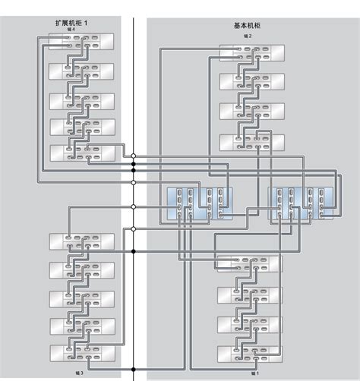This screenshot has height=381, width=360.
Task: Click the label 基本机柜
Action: [x=248, y=25]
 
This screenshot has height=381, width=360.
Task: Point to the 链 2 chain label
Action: [x=248, y=35]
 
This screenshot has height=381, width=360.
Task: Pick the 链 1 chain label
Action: [x=254, y=373]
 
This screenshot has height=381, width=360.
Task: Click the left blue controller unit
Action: [x=200, y=203]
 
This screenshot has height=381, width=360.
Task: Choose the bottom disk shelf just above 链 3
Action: [x=81, y=353]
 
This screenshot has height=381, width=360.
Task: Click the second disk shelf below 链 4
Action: [x=81, y=71]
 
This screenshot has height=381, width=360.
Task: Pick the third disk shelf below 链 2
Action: [x=251, y=111]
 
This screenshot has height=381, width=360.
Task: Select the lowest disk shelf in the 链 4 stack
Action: [x=81, y=153]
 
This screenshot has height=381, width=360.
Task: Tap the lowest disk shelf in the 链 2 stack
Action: [x=251, y=141]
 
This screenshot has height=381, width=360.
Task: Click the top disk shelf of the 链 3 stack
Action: [x=81, y=242]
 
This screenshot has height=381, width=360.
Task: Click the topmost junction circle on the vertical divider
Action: [x=133, y=156]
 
